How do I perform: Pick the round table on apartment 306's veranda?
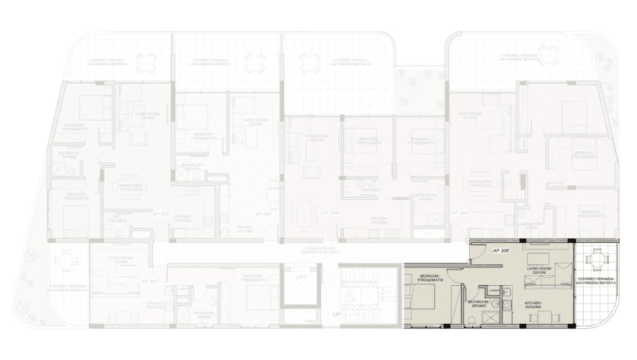(x=597, y=258)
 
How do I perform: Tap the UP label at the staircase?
(x=336, y=314)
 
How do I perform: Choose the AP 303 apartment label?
(x=263, y=213)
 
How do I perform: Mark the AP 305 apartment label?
(x=459, y=213)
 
